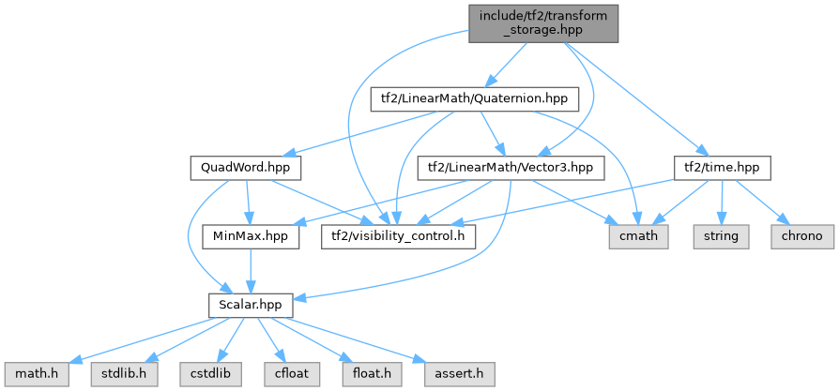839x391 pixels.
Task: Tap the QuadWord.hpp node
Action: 244,168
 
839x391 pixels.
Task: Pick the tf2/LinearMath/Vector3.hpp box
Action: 511,168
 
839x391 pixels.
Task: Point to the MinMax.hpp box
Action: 251,236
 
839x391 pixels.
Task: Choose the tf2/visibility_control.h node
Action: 398,236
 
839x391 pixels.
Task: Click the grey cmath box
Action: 637,236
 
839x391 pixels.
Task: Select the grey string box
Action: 722,236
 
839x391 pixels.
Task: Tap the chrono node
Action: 800,236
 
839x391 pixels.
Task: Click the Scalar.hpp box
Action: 251,306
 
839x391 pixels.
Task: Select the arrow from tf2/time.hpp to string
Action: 722,202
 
